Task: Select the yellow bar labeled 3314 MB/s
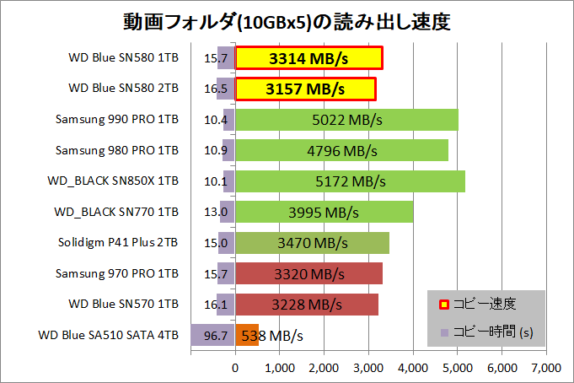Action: (308, 58)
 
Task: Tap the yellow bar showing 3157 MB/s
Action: (305, 89)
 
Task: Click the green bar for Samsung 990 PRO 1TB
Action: (346, 120)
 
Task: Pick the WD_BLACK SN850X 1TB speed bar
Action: (350, 181)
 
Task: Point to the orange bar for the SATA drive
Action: (247, 336)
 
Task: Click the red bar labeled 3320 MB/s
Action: (308, 273)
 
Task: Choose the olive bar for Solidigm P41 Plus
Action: (312, 243)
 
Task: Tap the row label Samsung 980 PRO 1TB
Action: (116, 150)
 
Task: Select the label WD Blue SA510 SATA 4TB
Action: (108, 336)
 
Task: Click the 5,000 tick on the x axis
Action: (458, 367)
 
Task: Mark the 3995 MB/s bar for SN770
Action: (324, 212)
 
